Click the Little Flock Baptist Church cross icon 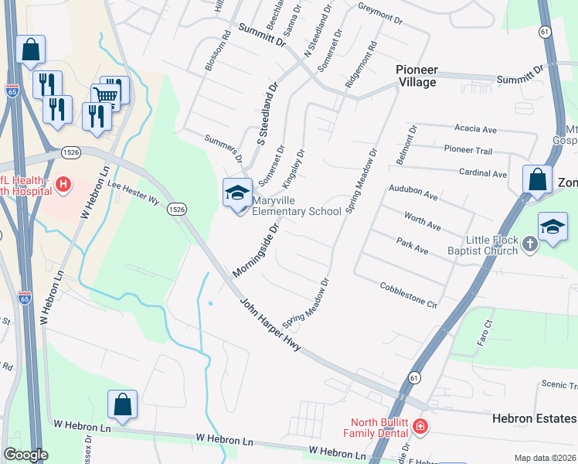click(529, 244)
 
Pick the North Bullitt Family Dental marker click(420, 425)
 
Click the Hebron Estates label click(534, 418)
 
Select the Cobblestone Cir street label click(409, 295)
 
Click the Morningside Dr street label click(255, 252)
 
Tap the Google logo click(25, 455)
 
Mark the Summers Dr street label click(223, 148)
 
